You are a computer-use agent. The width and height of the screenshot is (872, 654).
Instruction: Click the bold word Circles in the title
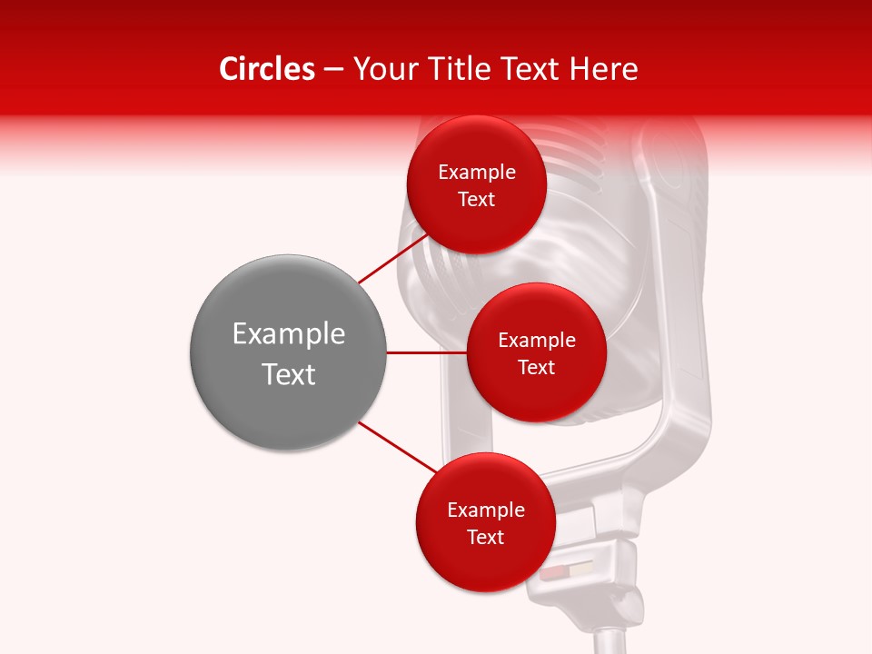coord(266,70)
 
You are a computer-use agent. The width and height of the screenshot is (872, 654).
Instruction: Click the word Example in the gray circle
coord(288,334)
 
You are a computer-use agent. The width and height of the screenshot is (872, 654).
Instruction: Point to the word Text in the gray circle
coord(288,374)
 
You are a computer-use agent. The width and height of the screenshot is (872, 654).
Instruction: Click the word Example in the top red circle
coord(476,173)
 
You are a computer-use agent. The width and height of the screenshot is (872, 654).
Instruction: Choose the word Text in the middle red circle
coord(536,368)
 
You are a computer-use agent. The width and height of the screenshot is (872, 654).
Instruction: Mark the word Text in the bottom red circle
coord(485,538)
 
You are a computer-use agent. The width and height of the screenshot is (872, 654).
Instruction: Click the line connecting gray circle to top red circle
coord(393,258)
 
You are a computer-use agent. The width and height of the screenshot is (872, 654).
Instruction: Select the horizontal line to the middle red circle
coord(426,352)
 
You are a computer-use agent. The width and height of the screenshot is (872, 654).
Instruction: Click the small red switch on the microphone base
coord(552,575)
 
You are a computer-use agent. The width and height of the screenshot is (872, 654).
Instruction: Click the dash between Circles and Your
coord(333,70)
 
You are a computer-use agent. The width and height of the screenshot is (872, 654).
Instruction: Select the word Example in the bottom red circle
coord(485,510)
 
